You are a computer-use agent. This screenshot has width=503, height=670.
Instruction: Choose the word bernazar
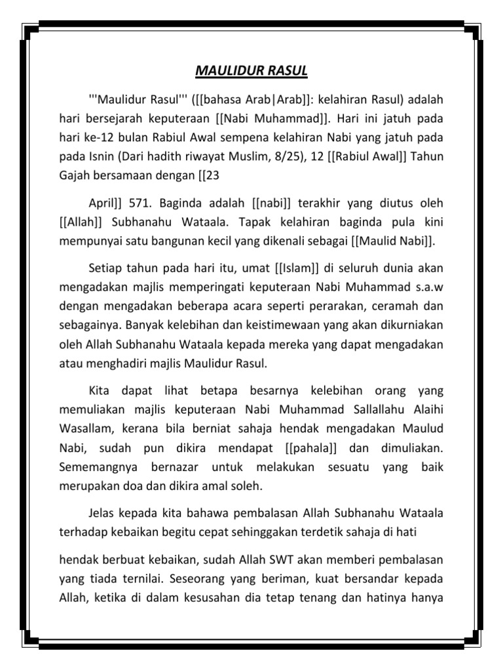click(x=168, y=467)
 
